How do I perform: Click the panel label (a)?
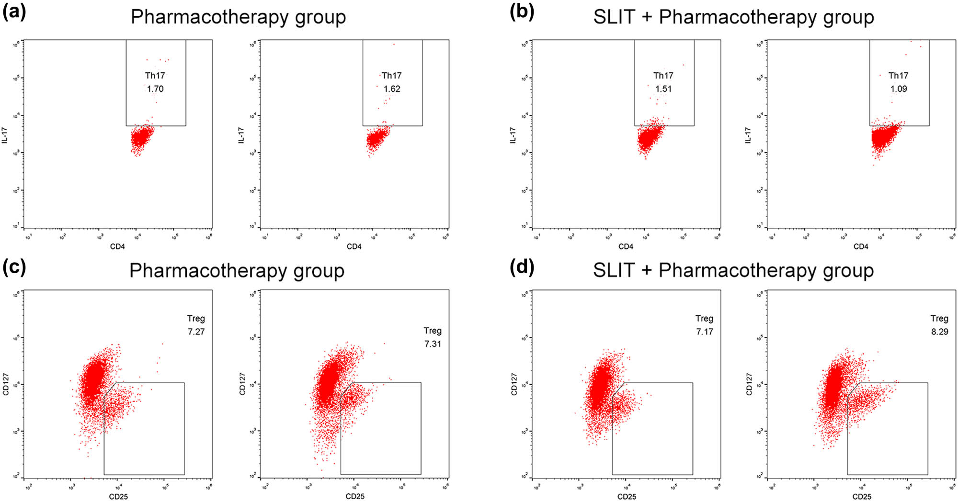[14, 11]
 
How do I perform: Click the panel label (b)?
[522, 11]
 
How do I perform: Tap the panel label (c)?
[14, 267]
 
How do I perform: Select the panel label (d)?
[522, 267]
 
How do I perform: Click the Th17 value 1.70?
[155, 89]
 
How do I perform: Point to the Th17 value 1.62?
[392, 89]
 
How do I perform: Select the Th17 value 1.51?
[663, 89]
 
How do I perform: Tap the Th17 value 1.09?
[899, 89]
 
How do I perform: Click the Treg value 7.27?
[196, 332]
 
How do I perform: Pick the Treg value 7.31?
[433, 344]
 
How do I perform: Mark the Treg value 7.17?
[705, 332]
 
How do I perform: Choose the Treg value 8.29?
[940, 332]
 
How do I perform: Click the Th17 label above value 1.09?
[898, 76]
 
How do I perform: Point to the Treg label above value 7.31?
[433, 331]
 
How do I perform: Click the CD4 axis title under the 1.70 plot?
[117, 246]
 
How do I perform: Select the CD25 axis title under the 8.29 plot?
[862, 496]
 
